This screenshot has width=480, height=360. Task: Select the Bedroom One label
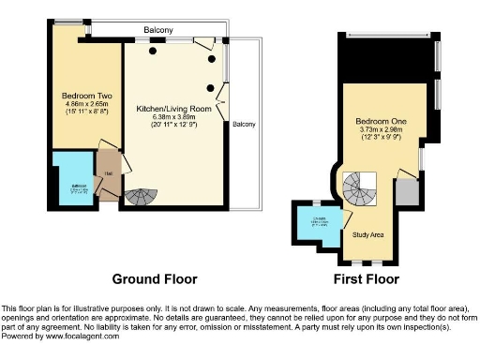click(x=379, y=122)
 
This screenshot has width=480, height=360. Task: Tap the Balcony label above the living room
click(x=157, y=31)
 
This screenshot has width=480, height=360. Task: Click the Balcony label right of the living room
click(x=245, y=125)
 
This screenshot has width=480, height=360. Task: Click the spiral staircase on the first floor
click(x=358, y=191)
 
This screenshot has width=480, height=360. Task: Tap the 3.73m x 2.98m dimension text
click(x=379, y=131)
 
